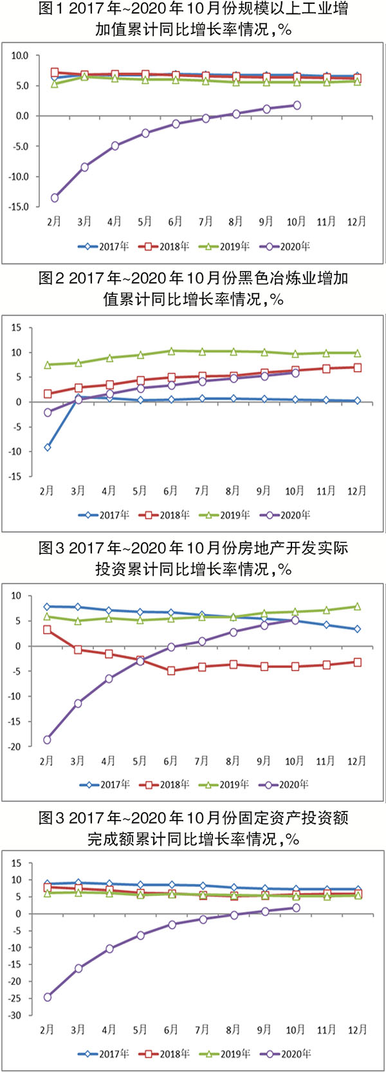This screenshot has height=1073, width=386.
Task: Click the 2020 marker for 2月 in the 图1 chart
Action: [x=55, y=198]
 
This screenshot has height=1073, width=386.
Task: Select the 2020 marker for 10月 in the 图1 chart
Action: [x=297, y=105]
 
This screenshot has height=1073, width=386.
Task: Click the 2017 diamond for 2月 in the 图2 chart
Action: [x=47, y=447]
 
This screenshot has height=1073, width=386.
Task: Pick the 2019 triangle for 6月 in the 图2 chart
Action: [x=171, y=351]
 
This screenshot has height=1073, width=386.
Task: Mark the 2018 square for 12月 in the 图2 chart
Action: [x=357, y=368]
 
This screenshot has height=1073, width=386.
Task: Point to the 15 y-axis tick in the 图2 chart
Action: [x=16, y=328]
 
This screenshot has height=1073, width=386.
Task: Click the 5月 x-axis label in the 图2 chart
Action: [x=140, y=491]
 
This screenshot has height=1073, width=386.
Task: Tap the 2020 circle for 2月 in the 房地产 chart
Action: [x=47, y=740]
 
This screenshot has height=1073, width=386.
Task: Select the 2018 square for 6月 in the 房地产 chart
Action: [x=171, y=671]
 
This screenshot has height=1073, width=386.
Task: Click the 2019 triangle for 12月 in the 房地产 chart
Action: [x=357, y=606]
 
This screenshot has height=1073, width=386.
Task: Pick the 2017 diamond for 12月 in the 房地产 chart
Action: [x=357, y=629]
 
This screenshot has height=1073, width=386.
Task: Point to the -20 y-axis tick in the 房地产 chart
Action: [x=14, y=747]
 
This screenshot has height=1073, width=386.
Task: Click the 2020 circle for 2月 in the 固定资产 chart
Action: [x=47, y=997]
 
